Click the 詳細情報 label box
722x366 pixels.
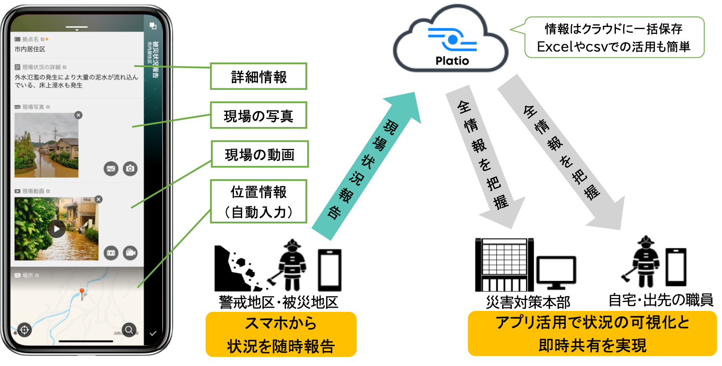pyautogui.click(x=258, y=76)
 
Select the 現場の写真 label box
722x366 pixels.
pyautogui.click(x=258, y=115)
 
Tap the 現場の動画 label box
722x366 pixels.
pyautogui.click(x=259, y=155)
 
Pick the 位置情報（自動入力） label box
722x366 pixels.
pyautogui.click(x=259, y=201)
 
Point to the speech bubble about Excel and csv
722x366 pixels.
pyautogui.click(x=613, y=38)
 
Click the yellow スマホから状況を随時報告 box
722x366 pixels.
pyautogui.click(x=281, y=334)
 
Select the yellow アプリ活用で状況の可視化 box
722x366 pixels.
pyautogui.click(x=592, y=333)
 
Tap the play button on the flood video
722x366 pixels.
pyautogui.click(x=56, y=229)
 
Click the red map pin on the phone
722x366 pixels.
pyautogui.click(x=82, y=292)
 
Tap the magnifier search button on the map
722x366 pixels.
pyautogui.click(x=129, y=330)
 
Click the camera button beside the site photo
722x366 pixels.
pyautogui.click(x=130, y=169)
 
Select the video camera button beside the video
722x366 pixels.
pyautogui.click(x=130, y=253)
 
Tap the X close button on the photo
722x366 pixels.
pyautogui.click(x=79, y=115)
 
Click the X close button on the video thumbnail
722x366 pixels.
pyautogui.click(x=98, y=199)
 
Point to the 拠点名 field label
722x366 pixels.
pyautogui.click(x=30, y=39)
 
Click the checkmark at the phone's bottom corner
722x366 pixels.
pyautogui.click(x=153, y=333)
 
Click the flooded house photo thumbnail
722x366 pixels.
pyautogui.click(x=46, y=145)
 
